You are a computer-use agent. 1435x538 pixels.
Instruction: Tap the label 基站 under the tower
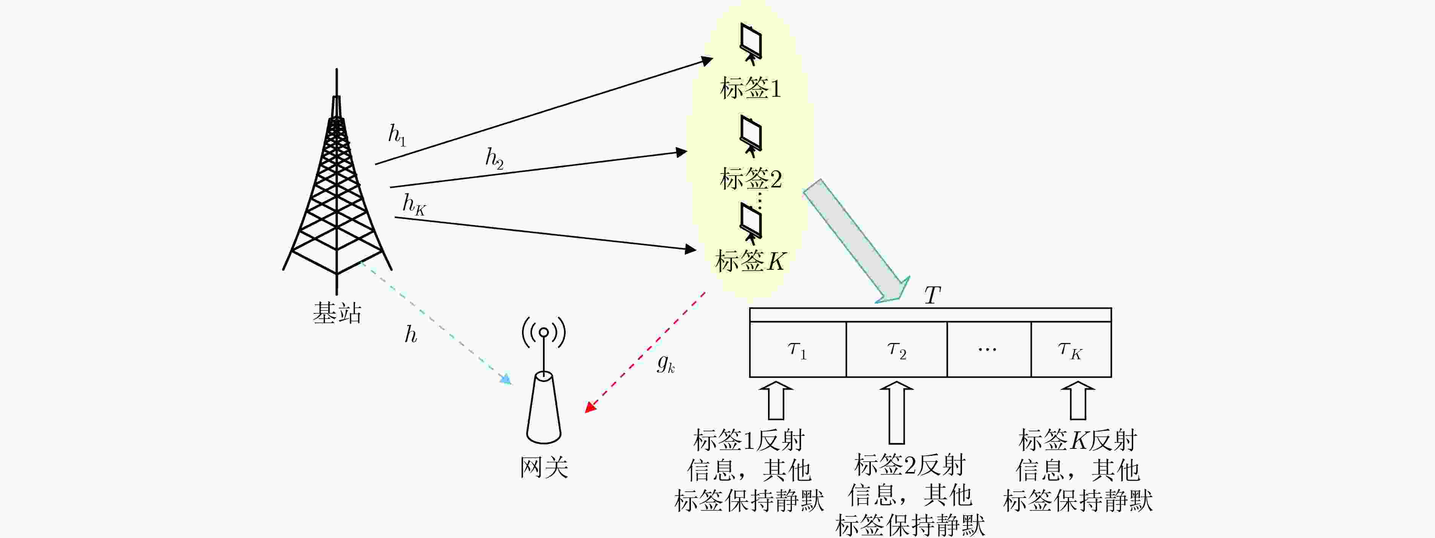337,313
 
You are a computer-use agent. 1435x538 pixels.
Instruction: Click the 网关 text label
544,467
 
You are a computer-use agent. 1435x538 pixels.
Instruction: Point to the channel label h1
397,135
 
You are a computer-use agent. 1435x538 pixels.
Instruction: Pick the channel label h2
494,159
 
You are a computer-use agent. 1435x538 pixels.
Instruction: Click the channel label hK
414,205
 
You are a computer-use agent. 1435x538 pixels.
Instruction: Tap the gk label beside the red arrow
666,364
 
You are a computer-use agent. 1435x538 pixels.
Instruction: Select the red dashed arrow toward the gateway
645,352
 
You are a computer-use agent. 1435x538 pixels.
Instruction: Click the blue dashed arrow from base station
436,322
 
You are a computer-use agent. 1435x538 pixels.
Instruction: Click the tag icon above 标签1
751,43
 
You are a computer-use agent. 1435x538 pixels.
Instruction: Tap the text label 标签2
751,179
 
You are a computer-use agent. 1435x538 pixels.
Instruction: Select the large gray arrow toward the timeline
856,241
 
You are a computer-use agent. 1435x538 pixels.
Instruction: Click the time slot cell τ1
798,349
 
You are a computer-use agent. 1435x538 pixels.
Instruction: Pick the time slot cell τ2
896,349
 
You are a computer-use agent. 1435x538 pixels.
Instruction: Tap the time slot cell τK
1071,349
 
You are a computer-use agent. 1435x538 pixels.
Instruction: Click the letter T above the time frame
932,295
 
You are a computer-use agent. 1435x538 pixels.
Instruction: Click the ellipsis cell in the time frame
989,349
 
